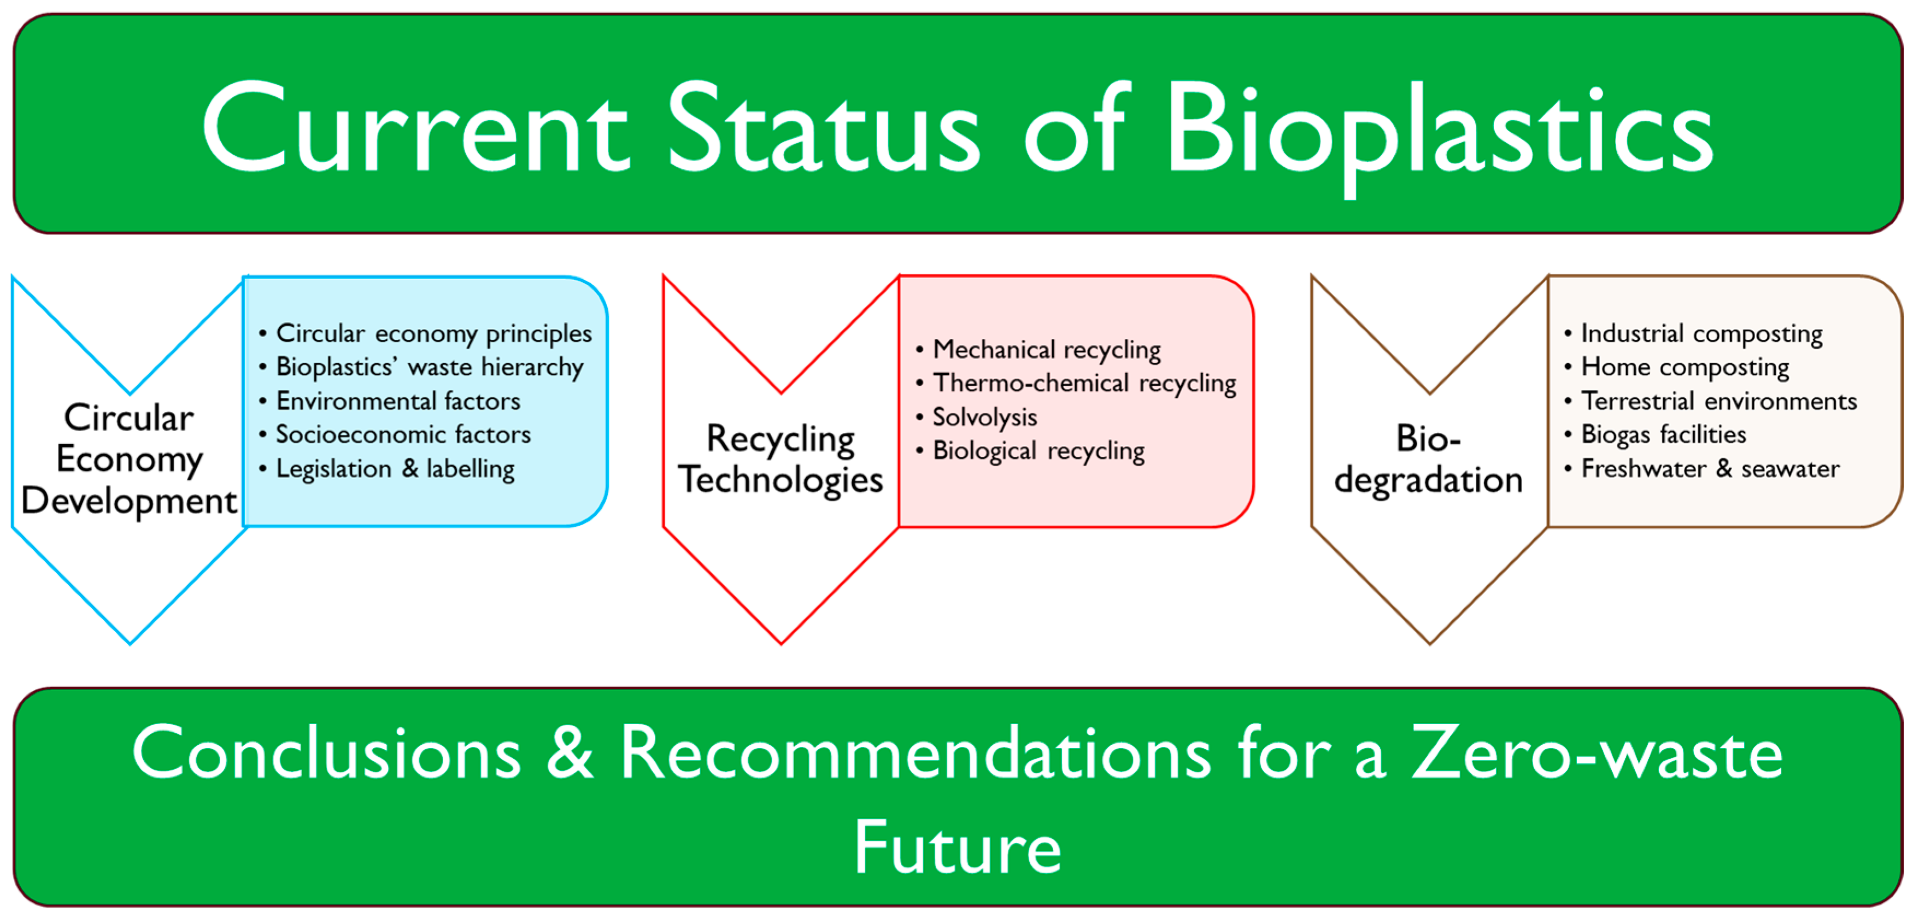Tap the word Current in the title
pos(416,126)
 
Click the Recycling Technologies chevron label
pos(781,459)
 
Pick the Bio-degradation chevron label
pos(1429,459)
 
